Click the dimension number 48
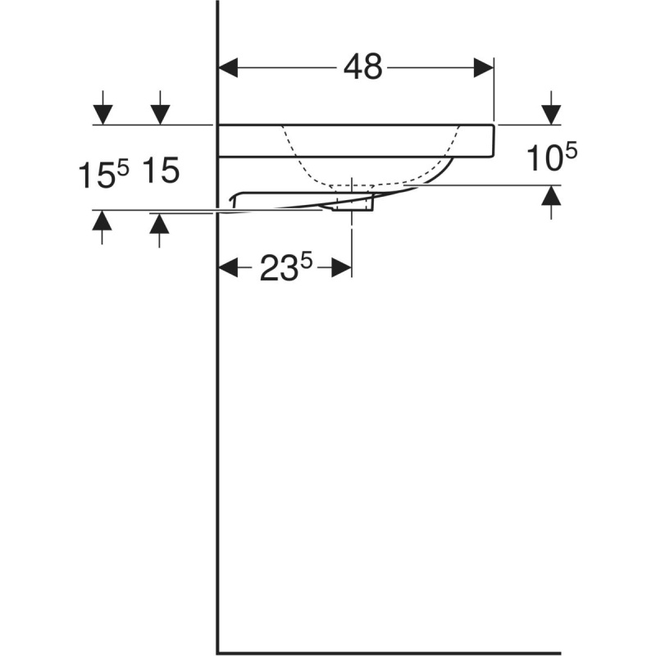(x=362, y=67)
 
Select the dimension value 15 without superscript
(x=161, y=171)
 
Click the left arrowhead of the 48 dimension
(x=229, y=68)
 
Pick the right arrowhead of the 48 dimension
(x=483, y=68)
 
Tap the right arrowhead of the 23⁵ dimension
(x=342, y=267)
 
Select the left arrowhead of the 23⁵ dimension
(x=229, y=267)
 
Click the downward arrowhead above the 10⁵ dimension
(x=551, y=115)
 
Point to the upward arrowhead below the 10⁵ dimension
(x=551, y=195)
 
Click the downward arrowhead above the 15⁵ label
(x=102, y=115)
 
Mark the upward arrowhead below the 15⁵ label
(x=102, y=221)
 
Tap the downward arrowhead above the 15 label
(x=160, y=115)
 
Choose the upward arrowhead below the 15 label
(x=159, y=223)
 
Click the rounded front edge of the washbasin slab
(x=494, y=141)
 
